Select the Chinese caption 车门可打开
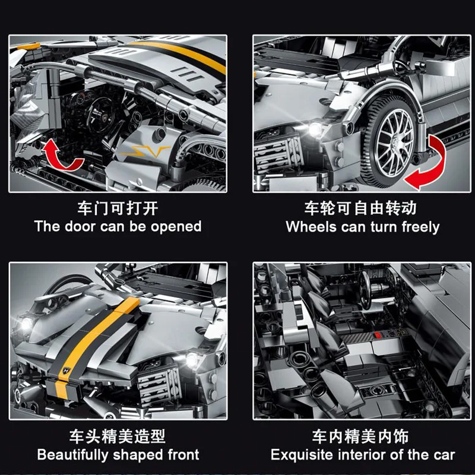click(118, 208)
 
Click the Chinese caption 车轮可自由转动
click(363, 208)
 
